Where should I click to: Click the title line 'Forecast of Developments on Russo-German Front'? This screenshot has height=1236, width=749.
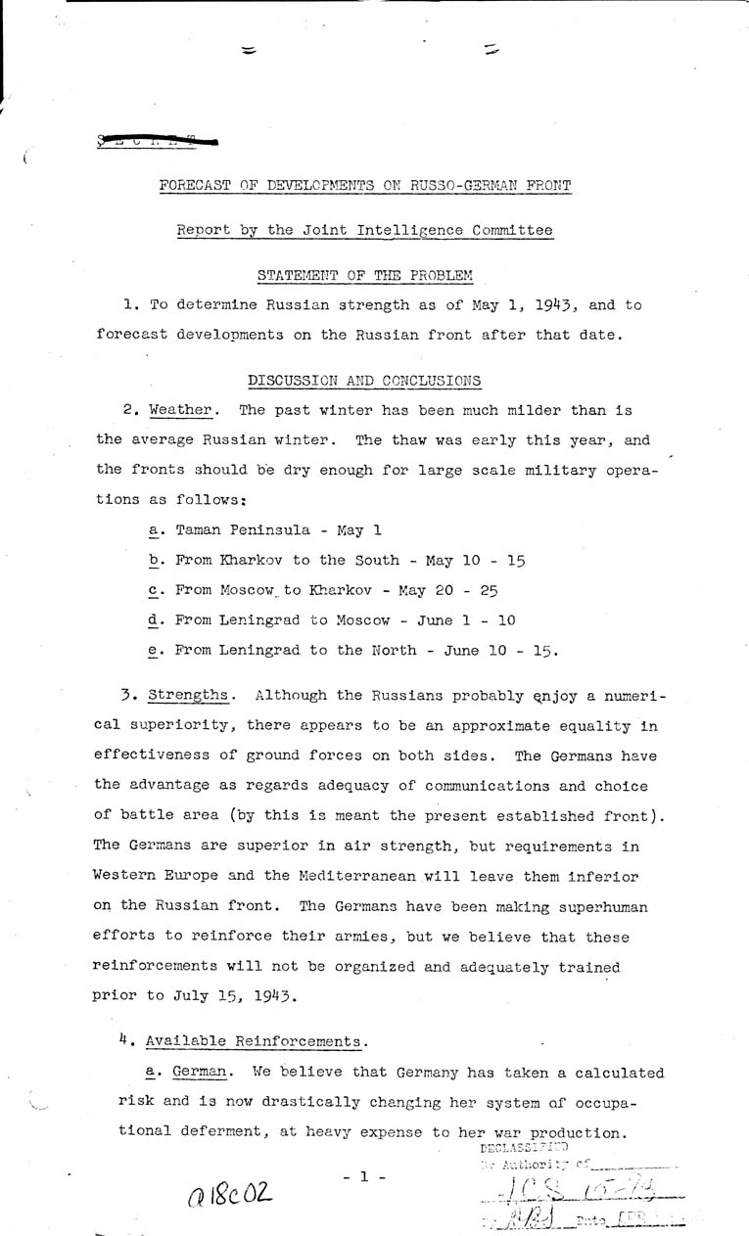[x=363, y=186]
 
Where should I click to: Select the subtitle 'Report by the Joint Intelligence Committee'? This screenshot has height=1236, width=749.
[x=363, y=231]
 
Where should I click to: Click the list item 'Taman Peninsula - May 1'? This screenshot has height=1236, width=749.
[x=261, y=529]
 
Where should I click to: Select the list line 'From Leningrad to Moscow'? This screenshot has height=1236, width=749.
[x=328, y=621]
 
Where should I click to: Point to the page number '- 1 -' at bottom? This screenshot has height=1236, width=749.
[x=362, y=1178]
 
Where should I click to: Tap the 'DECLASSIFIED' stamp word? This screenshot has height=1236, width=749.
[x=525, y=1146]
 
